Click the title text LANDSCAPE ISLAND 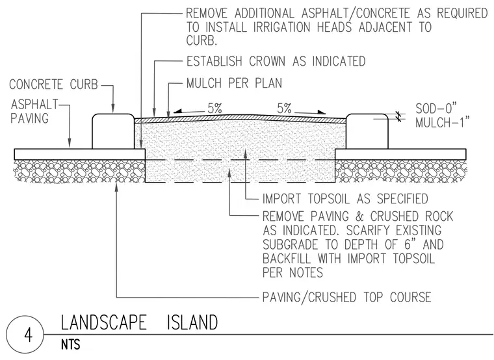pos(139,322)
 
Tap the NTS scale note pos(71,344)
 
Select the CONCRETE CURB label pos(53,84)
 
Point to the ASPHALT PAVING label pos(34,111)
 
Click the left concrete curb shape pos(113,131)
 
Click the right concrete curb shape pos(367,131)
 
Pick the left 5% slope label pos(215,109)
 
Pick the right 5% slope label pos(284,109)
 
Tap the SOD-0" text pos(435,109)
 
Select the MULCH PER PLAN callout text pos(234,83)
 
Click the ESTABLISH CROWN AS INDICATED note pos(276,61)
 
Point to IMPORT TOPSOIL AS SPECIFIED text pos(345,199)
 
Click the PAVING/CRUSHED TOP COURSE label pos(347,297)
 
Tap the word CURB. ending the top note pos(201,41)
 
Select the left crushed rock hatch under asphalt pos(79,171)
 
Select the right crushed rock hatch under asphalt pos(400,171)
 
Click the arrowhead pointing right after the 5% pos(322,112)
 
